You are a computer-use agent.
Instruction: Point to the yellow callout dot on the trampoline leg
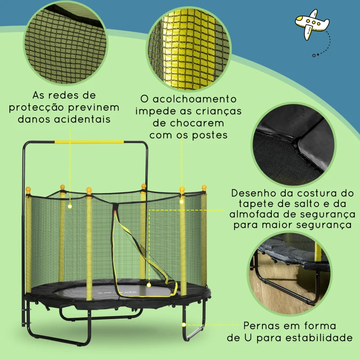pyautogui.click(x=183, y=324)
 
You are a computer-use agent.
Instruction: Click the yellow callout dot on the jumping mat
pyautogui.click(x=149, y=284)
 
